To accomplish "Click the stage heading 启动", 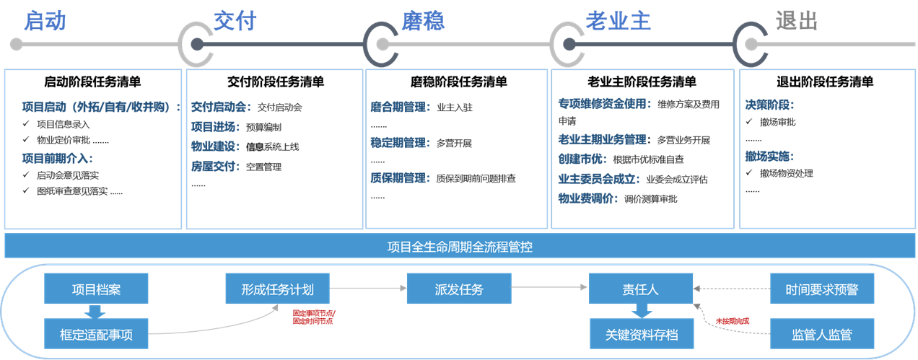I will coord(44,20).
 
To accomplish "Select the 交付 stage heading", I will coord(235,20).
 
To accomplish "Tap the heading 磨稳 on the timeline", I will coord(423,20).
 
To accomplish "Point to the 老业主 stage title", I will coord(618,20).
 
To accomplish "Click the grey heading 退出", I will coord(797,20).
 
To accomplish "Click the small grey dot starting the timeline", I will coord(16,45).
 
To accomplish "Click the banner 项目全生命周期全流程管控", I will coord(459,247).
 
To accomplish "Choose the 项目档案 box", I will coord(96,289).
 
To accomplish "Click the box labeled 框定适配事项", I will coord(96,334).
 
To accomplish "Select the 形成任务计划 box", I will coord(278,289).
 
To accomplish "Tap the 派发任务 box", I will coord(459,289).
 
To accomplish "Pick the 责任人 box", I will coord(640,289).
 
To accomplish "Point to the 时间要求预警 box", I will coord(822,289).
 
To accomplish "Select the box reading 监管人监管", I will coord(822,334).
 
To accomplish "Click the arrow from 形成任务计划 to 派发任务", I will coord(368,289).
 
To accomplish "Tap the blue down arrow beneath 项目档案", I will coord(95,311).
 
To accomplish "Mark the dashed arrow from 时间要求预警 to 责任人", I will coord(731,289).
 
